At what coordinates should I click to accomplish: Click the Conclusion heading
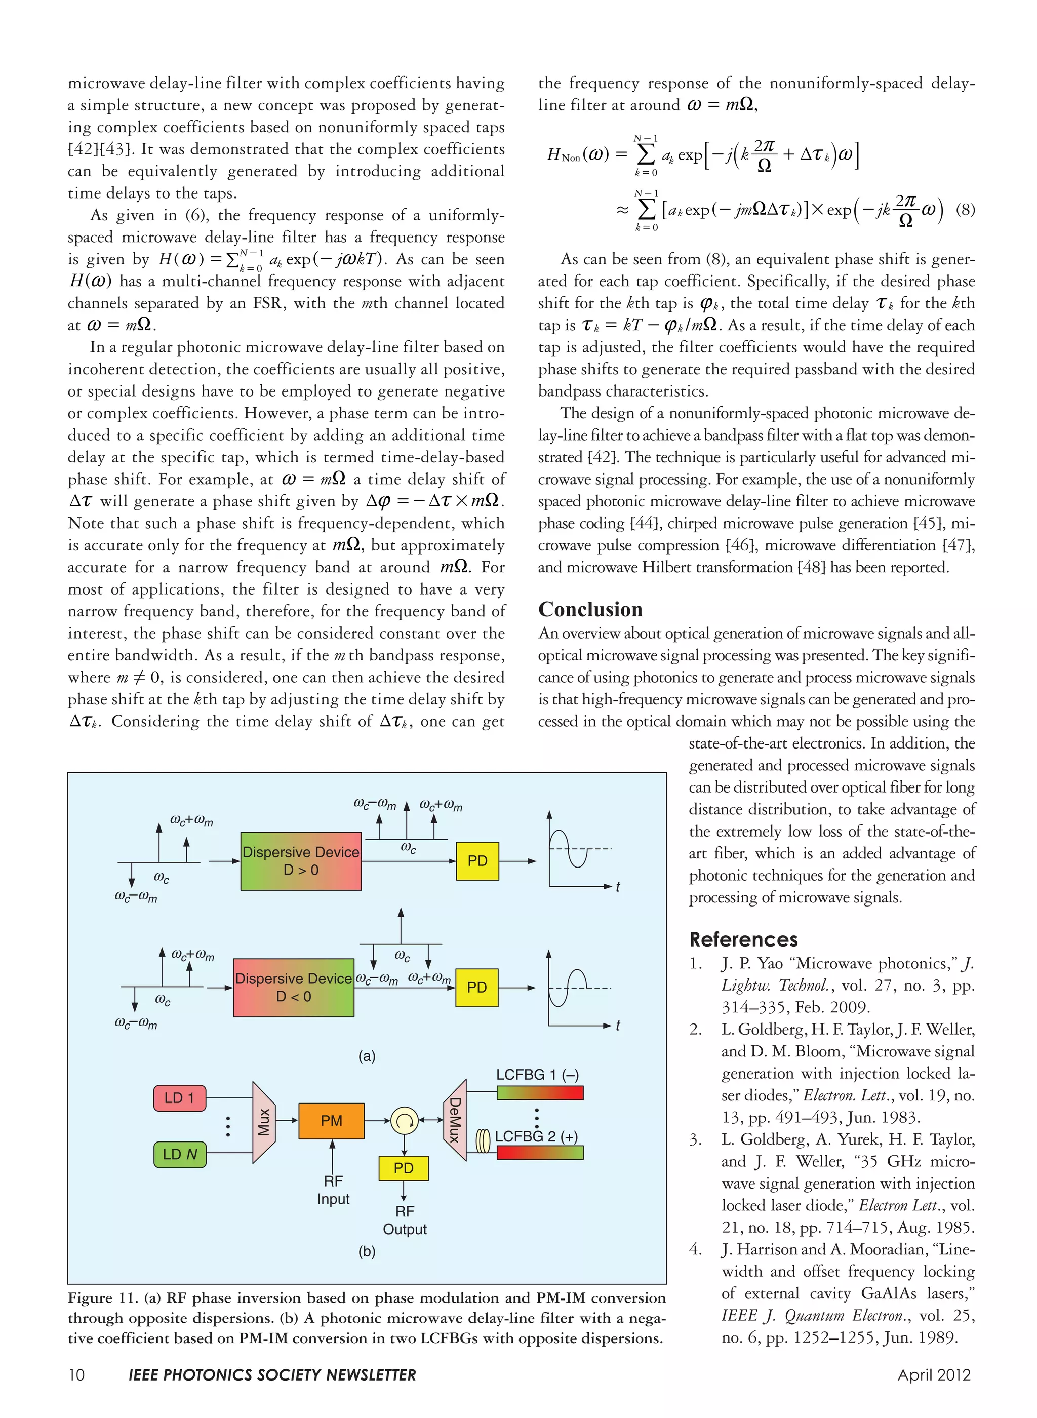click(590, 610)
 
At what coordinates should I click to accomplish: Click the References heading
click(743, 940)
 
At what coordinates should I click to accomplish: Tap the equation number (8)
click(965, 210)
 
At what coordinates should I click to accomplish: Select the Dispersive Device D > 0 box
click(301, 861)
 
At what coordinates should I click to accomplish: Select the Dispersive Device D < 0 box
click(293, 988)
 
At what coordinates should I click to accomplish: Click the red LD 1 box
click(180, 1098)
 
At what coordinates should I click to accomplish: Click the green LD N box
click(180, 1154)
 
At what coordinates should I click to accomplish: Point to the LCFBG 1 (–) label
click(537, 1075)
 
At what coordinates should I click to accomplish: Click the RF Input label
click(333, 1190)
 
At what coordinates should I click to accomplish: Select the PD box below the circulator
click(404, 1168)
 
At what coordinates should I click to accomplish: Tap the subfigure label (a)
click(367, 1056)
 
